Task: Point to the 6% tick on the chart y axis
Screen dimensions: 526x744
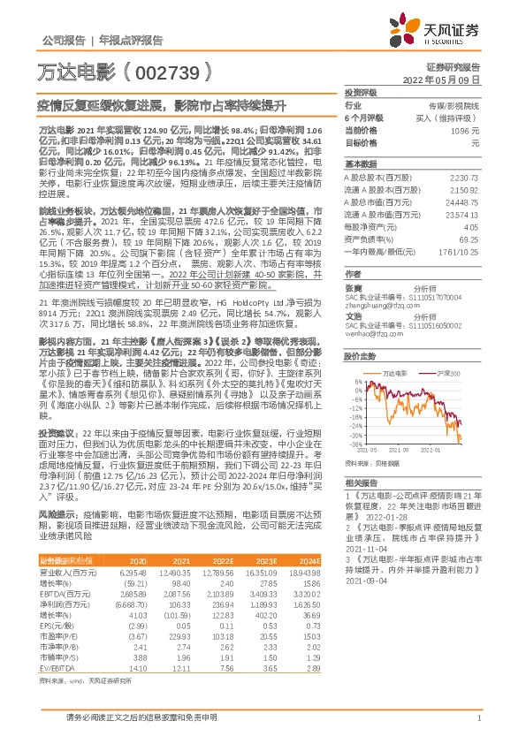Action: click(x=354, y=383)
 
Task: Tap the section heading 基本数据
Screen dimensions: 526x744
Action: click(x=359, y=164)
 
